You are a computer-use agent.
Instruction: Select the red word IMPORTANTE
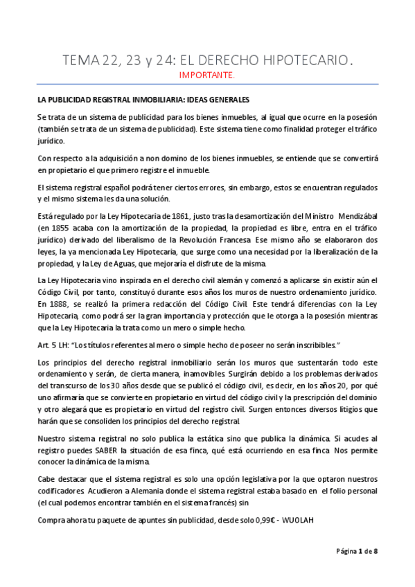point(207,74)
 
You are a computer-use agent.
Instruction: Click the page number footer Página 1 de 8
point(357,551)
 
